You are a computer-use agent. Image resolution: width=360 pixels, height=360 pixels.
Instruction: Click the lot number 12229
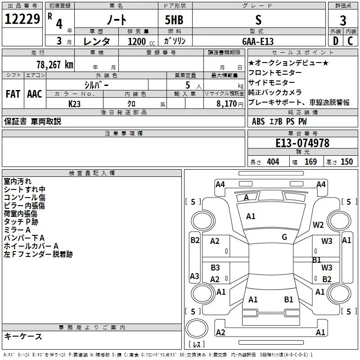[22, 20]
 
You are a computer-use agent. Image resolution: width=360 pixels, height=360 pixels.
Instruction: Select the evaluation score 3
[343, 20]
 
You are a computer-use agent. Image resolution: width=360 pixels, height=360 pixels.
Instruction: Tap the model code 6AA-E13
[257, 41]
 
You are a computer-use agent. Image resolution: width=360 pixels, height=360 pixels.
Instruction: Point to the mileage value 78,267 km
[54, 64]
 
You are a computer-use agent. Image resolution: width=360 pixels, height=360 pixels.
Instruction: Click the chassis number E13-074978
[302, 143]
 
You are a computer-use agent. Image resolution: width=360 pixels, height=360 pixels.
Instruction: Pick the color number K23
[75, 103]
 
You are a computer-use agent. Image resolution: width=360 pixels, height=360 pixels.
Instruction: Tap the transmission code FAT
[13, 94]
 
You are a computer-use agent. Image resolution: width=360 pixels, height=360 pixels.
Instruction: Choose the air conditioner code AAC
[34, 94]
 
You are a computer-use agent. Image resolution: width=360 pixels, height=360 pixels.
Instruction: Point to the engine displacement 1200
[137, 41]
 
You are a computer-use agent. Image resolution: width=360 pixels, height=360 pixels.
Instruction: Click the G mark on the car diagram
[284, 237]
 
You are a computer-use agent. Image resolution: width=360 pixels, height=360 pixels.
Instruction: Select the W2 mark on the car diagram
[319, 225]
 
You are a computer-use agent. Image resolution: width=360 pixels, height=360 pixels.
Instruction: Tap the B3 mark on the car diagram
[215, 268]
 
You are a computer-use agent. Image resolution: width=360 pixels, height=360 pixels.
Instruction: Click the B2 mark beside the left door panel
[194, 240]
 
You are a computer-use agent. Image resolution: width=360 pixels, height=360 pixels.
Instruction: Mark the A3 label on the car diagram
[194, 276]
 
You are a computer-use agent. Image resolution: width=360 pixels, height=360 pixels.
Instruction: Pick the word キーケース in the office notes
[23, 336]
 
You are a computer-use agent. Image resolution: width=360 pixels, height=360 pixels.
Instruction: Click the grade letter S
[258, 20]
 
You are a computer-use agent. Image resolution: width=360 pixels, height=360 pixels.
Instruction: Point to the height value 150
[346, 162]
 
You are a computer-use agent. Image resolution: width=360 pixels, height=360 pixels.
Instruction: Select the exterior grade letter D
[335, 41]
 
